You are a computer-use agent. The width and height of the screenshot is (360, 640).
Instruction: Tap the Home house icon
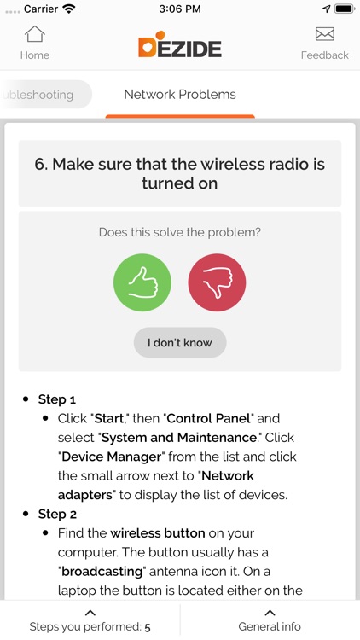coord(34,35)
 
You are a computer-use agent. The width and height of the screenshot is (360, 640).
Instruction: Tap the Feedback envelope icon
coord(324,35)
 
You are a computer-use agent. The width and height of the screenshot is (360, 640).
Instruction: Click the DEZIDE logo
coord(179,46)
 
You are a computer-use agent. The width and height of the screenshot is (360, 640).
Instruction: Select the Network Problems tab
coord(179,95)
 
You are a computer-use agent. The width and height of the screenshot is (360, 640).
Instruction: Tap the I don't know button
coord(179,343)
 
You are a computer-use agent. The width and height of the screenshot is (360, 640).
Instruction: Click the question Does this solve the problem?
coord(179,232)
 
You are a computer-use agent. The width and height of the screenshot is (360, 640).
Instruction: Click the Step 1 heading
coord(57,399)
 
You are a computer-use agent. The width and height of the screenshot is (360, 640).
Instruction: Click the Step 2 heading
coord(57,514)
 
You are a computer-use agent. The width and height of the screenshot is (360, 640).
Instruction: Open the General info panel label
coord(270,626)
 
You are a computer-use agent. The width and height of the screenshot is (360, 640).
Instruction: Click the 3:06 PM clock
coord(179,9)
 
